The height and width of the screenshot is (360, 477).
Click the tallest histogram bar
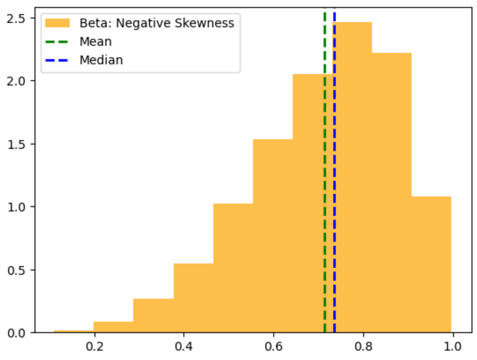[352, 176]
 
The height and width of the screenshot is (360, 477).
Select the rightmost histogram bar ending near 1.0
[431, 264]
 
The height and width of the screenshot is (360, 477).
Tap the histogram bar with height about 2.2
[392, 194]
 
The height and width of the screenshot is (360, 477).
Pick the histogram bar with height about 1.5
[273, 236]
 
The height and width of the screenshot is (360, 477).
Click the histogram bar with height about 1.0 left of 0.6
[233, 268]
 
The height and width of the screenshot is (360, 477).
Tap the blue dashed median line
[334, 176]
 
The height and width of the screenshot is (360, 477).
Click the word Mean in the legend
[95, 42]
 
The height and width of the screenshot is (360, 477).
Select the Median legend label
[101, 60]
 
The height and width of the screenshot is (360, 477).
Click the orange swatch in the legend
[57, 23]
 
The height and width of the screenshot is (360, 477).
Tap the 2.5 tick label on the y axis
[16, 18]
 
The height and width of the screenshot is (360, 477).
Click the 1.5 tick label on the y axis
[16, 144]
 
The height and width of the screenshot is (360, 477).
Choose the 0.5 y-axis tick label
[16, 270]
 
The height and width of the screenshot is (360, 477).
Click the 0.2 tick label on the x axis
[94, 346]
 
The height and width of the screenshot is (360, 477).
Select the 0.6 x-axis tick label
[273, 346]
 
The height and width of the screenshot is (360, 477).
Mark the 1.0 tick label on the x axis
[452, 346]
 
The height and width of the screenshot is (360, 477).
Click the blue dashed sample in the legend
[57, 60]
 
